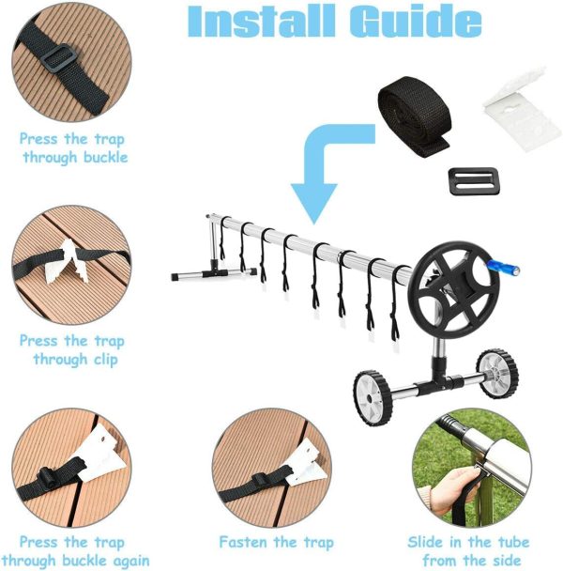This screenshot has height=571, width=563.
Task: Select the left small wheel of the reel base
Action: click(x=372, y=388)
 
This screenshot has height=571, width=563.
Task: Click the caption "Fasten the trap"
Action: click(x=275, y=542)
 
